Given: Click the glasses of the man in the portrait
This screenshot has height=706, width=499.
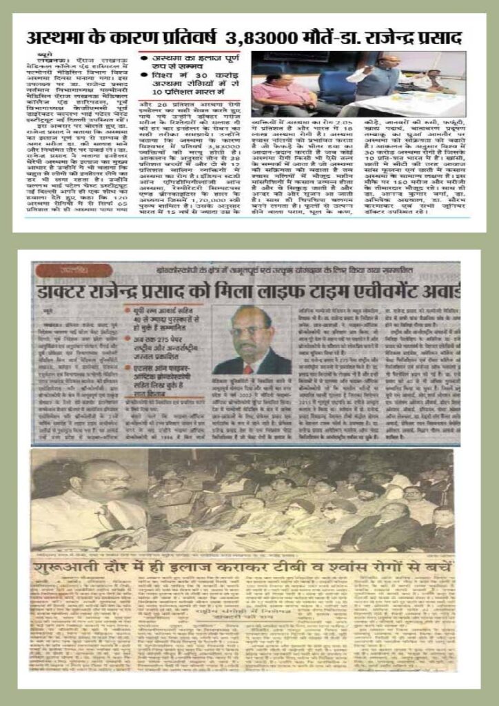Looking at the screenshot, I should (249, 331).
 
